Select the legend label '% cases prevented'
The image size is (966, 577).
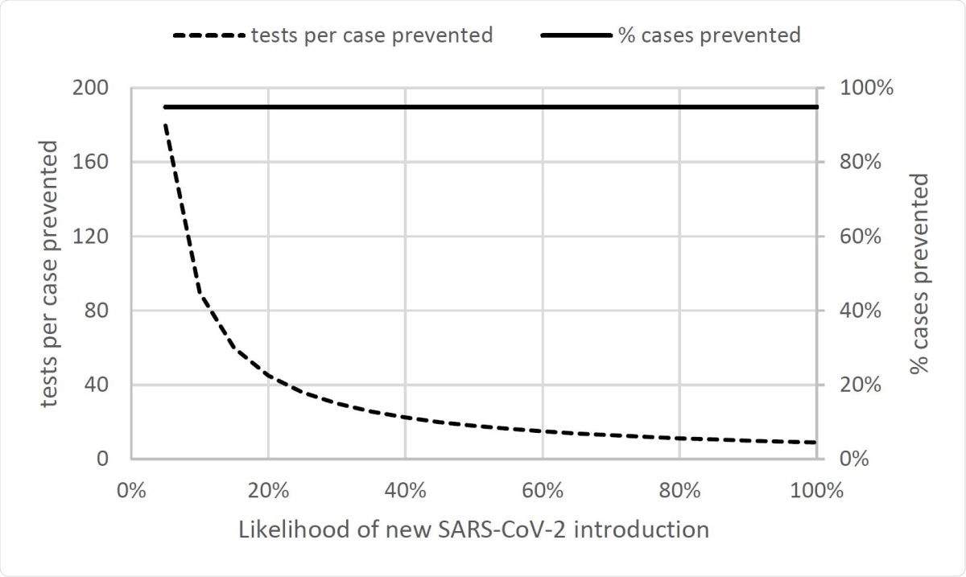click(708, 35)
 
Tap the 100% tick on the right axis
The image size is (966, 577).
click(861, 88)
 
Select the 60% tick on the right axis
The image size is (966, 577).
click(857, 237)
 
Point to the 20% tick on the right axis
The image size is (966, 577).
click(857, 385)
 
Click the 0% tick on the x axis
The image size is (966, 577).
click(130, 491)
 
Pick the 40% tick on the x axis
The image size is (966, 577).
click(405, 491)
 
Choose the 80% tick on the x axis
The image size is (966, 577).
click(679, 491)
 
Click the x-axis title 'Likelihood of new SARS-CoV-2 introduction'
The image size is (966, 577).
click(473, 530)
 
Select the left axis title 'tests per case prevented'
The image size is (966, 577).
click(50, 274)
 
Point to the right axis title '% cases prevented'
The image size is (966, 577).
click(919, 274)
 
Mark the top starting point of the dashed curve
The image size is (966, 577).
click(165, 125)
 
